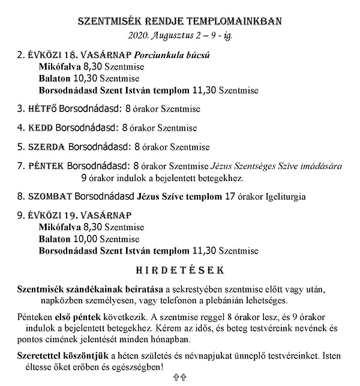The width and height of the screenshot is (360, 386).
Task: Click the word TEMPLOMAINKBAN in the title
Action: [x=232, y=21]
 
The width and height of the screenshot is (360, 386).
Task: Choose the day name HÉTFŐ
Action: [x=43, y=109]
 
